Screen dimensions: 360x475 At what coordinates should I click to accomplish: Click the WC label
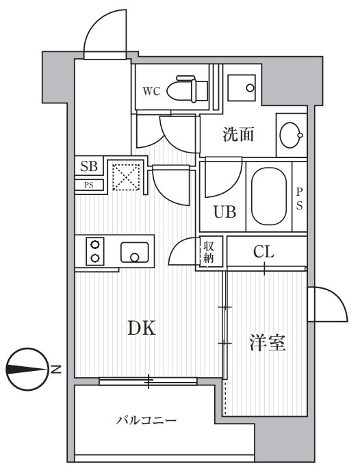point(151,91)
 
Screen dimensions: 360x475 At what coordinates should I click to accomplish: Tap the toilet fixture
point(188,88)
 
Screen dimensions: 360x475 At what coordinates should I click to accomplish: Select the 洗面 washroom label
point(238,135)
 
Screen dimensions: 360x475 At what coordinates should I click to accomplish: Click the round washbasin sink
point(291,135)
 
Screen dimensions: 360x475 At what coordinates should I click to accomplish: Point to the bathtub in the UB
point(269,196)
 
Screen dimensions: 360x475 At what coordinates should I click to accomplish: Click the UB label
point(224,212)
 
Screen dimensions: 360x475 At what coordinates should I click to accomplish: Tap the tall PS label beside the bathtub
point(299,198)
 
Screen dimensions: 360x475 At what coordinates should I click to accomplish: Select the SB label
point(89,166)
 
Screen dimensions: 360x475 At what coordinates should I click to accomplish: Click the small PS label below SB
point(89,185)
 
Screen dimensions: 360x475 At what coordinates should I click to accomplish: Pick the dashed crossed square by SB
point(127,177)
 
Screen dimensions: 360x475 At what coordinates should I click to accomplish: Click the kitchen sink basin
point(135,252)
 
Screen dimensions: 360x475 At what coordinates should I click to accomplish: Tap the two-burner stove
point(95,251)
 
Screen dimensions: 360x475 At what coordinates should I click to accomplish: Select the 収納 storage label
point(209,251)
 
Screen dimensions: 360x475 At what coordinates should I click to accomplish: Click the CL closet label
point(263,251)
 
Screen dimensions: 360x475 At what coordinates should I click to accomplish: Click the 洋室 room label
point(268,342)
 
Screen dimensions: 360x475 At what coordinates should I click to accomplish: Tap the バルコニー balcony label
point(146,420)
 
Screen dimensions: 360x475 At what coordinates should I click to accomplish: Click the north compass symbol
point(27,370)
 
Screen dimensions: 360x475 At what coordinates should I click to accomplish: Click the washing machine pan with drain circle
point(242,88)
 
